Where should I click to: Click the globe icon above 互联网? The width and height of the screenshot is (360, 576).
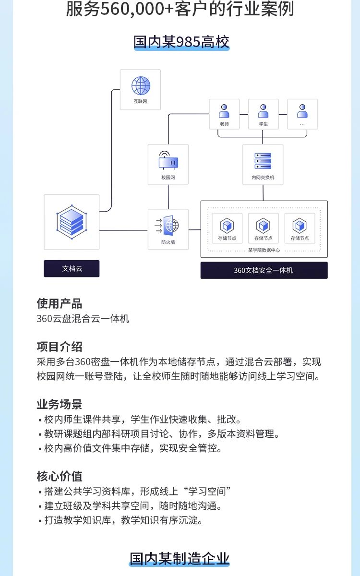(141, 86)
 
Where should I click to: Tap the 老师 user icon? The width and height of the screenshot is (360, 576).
(224, 111)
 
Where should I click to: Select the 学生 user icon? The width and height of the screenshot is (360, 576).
(263, 111)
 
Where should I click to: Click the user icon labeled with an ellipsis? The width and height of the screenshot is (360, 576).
(302, 111)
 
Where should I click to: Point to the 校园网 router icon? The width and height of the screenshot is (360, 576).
(168, 161)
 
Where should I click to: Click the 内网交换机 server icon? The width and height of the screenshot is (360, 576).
(263, 161)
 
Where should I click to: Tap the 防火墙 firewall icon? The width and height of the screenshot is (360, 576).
(168, 225)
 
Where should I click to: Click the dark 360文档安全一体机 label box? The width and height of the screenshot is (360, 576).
(264, 270)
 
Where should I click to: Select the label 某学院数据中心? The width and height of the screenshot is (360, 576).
(264, 250)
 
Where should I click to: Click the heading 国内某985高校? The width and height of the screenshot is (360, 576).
(181, 42)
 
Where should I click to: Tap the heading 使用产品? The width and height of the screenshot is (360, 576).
(59, 303)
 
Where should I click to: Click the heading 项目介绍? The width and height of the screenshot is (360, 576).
(59, 347)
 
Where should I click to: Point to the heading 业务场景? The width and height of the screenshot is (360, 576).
(59, 404)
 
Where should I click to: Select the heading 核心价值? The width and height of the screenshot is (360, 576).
(59, 476)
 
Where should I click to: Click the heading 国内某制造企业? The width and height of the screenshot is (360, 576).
(180, 559)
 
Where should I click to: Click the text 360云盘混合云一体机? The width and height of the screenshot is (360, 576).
(83, 319)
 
